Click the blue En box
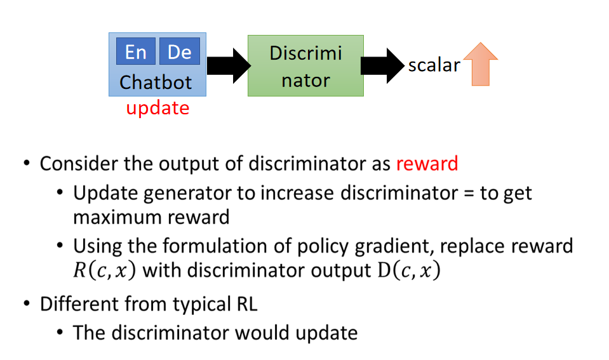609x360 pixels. (x=135, y=51)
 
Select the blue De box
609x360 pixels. (x=180, y=51)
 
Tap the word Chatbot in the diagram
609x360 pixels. (x=156, y=83)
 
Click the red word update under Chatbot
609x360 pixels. (x=157, y=109)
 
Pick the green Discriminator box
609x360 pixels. (x=305, y=65)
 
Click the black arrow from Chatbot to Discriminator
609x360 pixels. (x=229, y=65)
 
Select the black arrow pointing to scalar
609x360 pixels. (x=382, y=65)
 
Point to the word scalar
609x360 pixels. (x=434, y=65)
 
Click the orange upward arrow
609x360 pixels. (x=481, y=64)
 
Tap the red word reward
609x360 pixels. (x=427, y=164)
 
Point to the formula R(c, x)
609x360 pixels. (x=105, y=270)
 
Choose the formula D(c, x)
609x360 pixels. (x=409, y=270)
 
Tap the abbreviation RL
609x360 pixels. (x=246, y=304)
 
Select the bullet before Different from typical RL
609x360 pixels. (x=27, y=303)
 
